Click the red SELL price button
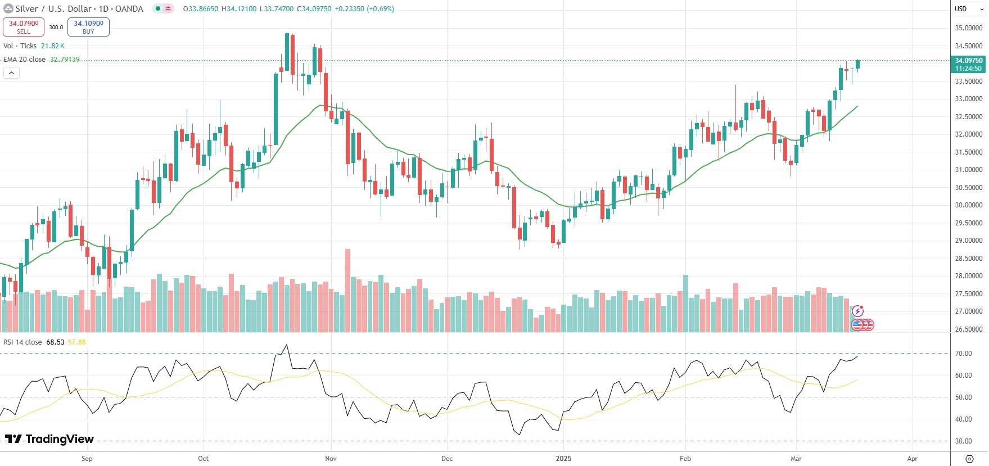pos(24,27)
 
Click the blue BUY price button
pos(88,27)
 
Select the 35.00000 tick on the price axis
pos(968,28)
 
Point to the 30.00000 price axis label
pos(968,205)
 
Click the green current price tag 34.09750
pos(968,64)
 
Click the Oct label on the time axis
pos(204,459)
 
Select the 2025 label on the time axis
pos(563,459)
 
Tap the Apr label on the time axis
pos(912,459)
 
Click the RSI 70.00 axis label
pos(964,354)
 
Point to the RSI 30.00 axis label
pos(964,441)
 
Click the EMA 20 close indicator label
pos(25,60)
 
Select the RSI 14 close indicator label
pos(22,342)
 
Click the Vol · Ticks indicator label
pos(20,46)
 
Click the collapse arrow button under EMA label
pos(11,73)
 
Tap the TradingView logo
pos(49,439)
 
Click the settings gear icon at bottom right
pos(969,459)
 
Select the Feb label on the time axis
pos(685,459)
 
